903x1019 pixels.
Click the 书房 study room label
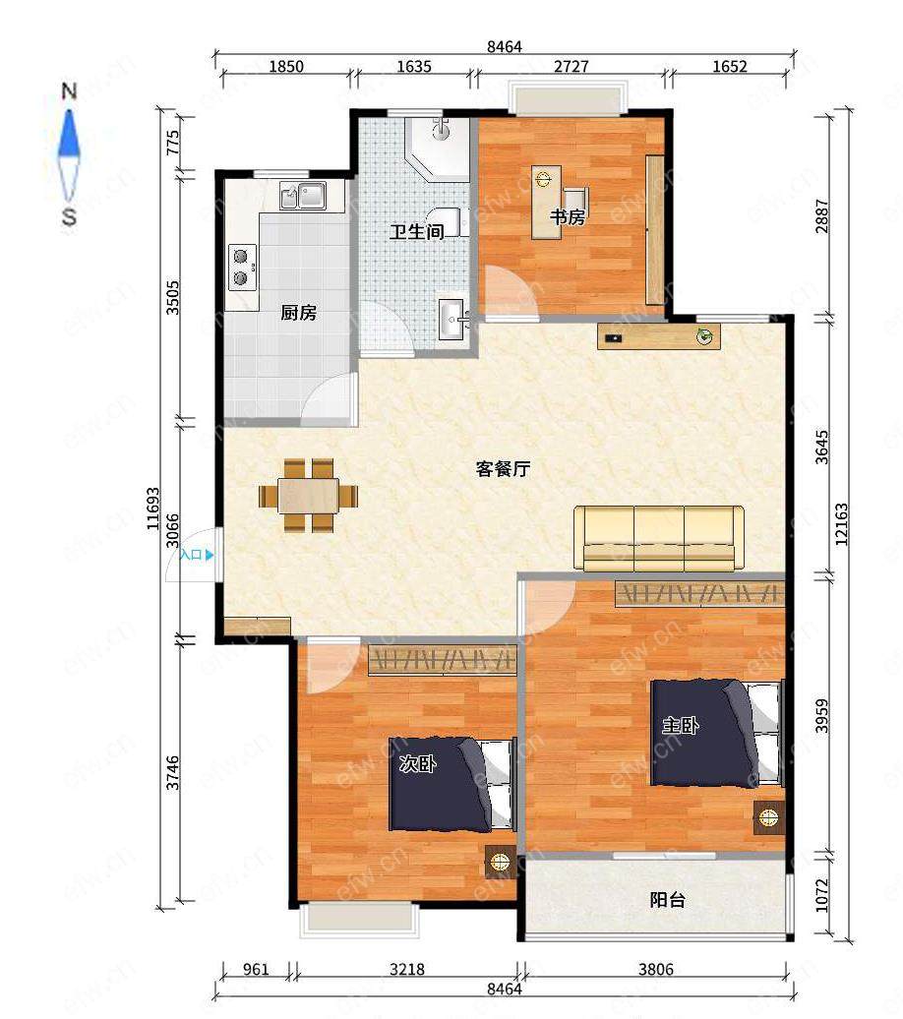(x=568, y=216)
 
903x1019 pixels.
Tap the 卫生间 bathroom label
(x=417, y=231)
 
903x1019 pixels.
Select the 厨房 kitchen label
(x=298, y=313)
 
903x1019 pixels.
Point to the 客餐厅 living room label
(x=503, y=468)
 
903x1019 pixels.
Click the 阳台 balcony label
(x=667, y=900)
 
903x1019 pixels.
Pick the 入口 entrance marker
(x=197, y=555)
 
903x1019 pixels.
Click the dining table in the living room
(x=309, y=496)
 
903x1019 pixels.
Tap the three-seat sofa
(x=658, y=538)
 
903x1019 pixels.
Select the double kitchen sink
(x=303, y=195)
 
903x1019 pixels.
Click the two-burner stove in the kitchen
(x=242, y=268)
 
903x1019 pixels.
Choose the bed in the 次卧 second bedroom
(x=452, y=784)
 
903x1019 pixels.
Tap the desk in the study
(x=546, y=202)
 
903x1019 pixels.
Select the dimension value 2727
(x=571, y=66)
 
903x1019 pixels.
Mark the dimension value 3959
(x=822, y=715)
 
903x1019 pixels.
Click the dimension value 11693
(x=153, y=509)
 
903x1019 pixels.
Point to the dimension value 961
(x=256, y=970)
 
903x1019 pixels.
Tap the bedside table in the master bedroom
(x=769, y=818)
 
